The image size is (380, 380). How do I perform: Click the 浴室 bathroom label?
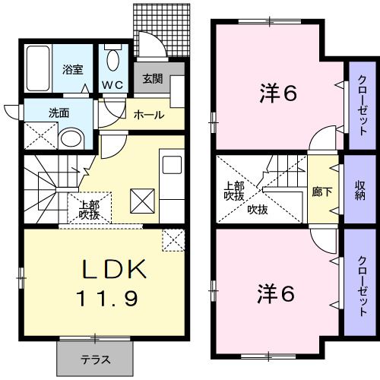tap(73, 69)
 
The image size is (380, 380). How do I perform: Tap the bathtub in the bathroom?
tap(38, 68)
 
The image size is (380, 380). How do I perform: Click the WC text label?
tap(112, 85)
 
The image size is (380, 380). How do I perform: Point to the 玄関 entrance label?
tap(153, 79)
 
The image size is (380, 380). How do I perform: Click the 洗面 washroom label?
tap(59, 113)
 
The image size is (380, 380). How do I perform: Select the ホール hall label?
tap(149, 116)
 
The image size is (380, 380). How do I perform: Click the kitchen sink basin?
tap(172, 165)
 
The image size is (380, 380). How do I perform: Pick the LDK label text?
tap(114, 269)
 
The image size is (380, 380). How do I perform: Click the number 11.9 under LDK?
tap(108, 298)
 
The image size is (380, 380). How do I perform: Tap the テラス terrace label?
tap(96, 359)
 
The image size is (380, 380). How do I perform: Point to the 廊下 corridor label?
tap(321, 192)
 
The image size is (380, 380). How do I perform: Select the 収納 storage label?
tap(360, 191)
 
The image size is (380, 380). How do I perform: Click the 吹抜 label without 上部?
tap(258, 210)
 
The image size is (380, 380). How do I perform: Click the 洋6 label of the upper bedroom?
tap(278, 93)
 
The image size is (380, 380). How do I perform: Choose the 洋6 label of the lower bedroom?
tap(276, 293)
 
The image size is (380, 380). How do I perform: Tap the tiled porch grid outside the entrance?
tap(162, 30)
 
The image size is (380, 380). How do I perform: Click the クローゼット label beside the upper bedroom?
tap(363, 106)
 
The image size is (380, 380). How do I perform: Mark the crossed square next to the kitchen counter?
tap(142, 201)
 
